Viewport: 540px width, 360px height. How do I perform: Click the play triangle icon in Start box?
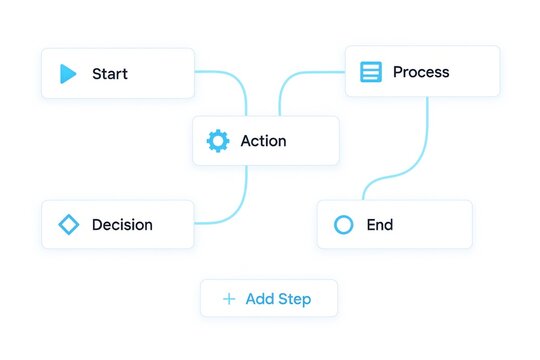(68, 74)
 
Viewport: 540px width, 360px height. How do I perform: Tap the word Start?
(110, 74)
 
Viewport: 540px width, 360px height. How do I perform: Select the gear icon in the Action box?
(217, 141)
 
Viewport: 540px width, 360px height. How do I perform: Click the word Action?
(263, 141)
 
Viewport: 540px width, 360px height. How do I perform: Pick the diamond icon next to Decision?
(68, 225)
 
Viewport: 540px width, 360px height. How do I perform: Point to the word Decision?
(122, 225)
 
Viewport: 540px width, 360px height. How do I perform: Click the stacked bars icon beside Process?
(371, 72)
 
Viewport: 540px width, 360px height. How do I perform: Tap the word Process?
(421, 72)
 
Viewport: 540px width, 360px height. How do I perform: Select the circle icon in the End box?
(343, 225)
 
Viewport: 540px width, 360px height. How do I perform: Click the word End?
(380, 225)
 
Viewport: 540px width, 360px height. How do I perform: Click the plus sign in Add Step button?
(229, 299)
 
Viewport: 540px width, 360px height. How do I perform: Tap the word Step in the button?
(293, 299)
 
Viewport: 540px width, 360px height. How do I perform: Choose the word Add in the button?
(259, 299)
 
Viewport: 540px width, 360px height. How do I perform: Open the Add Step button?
(268, 298)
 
